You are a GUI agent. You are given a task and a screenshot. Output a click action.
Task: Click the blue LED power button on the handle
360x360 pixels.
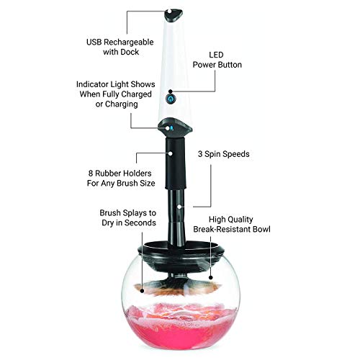coord(171,98)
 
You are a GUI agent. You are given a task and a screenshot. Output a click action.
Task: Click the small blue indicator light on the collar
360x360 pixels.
coord(171,128)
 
